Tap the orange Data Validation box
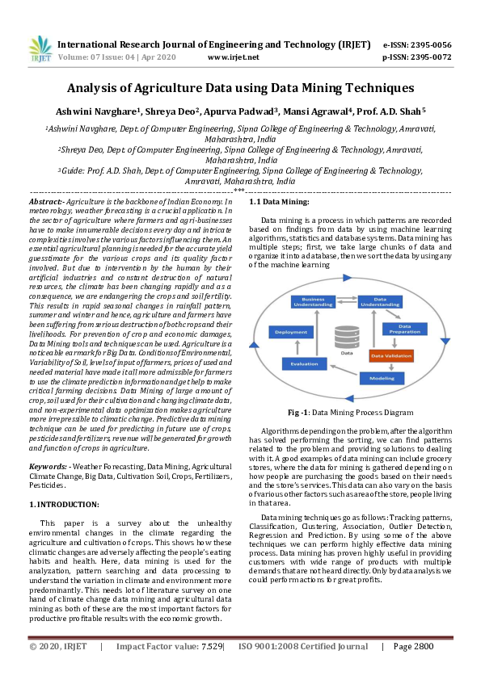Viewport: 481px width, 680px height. click(x=391, y=355)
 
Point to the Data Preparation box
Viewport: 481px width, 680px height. click(x=405, y=329)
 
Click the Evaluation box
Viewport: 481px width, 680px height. click(x=304, y=364)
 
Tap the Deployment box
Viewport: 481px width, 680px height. click(x=290, y=332)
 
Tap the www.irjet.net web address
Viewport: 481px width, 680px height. click(x=233, y=57)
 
